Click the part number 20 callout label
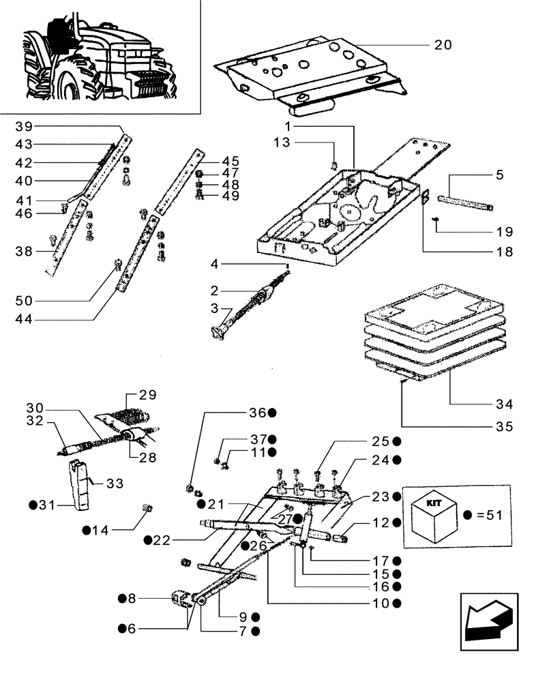[443, 45]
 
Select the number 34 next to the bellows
[504, 404]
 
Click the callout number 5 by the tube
[500, 175]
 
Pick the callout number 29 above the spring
[147, 395]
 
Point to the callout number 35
[503, 428]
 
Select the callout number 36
[256, 413]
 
